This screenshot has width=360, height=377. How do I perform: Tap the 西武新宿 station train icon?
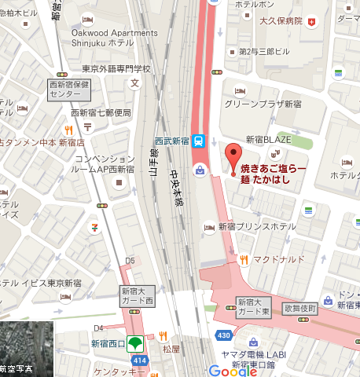click(x=200, y=141)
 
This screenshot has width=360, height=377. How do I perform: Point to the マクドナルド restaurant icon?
click(x=244, y=258)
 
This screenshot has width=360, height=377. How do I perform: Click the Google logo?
click(x=233, y=369)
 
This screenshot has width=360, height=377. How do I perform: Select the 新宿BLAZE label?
click(x=269, y=139)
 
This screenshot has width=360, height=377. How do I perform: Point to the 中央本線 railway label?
click(x=178, y=188)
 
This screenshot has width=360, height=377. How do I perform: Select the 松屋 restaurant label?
click(x=172, y=346)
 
